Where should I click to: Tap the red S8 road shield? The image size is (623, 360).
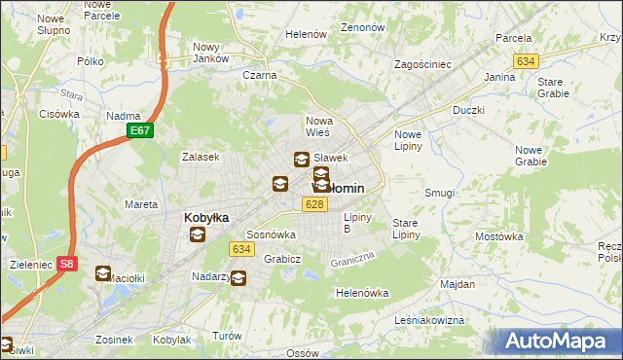pos(66,263)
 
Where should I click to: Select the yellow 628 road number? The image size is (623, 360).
pos(313,204)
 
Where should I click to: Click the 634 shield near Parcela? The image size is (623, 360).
pos(527,61)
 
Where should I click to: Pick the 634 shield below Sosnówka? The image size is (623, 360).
pos(242,249)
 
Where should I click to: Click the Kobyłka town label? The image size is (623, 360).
pos(206,218)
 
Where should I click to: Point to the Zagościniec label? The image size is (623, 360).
pos(421,64)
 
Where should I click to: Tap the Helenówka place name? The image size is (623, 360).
pos(362,293)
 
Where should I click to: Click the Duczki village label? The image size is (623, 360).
pos(468,111)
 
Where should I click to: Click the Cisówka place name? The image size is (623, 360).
pos(59,114)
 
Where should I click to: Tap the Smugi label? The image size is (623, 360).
pos(439,193)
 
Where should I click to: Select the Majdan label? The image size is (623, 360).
pos(458,285)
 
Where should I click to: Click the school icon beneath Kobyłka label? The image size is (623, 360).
pos(198,234)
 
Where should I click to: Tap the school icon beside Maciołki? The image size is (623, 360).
pos(103,273)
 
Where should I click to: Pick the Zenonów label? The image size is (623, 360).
pos(364,28)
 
